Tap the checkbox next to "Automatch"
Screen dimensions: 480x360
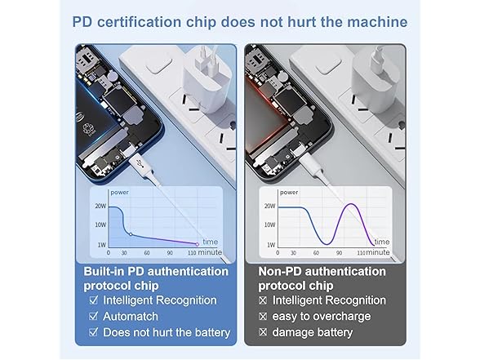tap(93, 316)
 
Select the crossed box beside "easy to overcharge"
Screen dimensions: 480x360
tap(263, 316)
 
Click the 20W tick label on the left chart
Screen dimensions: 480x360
tap(100, 206)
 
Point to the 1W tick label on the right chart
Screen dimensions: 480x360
tap(271, 245)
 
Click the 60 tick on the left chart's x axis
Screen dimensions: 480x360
tap(147, 253)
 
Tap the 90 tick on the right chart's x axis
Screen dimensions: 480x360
tap(340, 253)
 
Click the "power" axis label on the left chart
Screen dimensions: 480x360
tap(119, 193)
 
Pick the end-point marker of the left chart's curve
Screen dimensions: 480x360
tap(198, 244)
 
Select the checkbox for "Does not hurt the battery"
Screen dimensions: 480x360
tap(93, 332)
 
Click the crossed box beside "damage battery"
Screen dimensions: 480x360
tap(263, 332)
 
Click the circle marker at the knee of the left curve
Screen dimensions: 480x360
tap(131, 234)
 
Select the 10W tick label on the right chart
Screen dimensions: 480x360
tap(269, 225)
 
